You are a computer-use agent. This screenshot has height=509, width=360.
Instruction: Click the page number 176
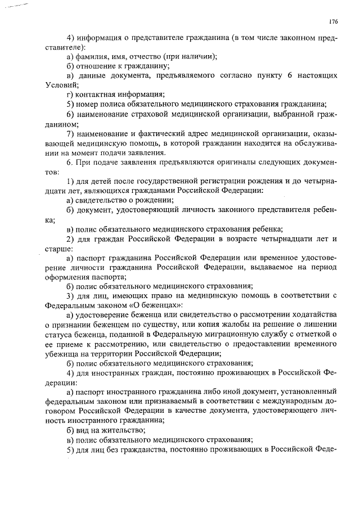pos(333,22)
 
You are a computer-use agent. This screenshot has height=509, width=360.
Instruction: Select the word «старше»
pos(56,248)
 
